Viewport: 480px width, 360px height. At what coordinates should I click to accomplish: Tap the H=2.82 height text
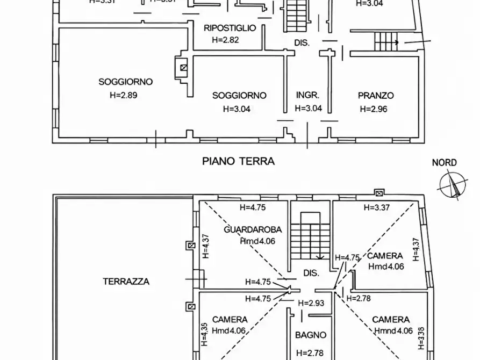point(225,40)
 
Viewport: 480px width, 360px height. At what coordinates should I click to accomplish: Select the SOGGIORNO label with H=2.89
point(125,82)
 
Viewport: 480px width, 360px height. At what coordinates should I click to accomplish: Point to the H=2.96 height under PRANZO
point(374,108)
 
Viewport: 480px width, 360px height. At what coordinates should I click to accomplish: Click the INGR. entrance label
point(308,95)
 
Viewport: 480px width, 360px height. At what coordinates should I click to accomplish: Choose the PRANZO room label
point(376,96)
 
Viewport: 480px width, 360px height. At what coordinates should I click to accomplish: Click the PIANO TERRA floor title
point(238,161)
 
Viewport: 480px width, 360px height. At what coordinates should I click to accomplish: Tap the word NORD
point(445,163)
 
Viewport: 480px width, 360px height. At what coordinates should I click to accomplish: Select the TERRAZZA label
point(126,281)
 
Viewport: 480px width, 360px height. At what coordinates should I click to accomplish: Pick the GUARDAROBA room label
point(253,230)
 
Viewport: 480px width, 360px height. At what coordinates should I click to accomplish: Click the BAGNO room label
point(311,335)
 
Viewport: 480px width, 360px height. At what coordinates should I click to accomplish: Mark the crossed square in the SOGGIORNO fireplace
point(184,68)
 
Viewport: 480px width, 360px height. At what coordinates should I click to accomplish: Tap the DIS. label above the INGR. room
point(302,42)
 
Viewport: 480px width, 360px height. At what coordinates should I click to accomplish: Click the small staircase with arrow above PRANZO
point(385,40)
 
